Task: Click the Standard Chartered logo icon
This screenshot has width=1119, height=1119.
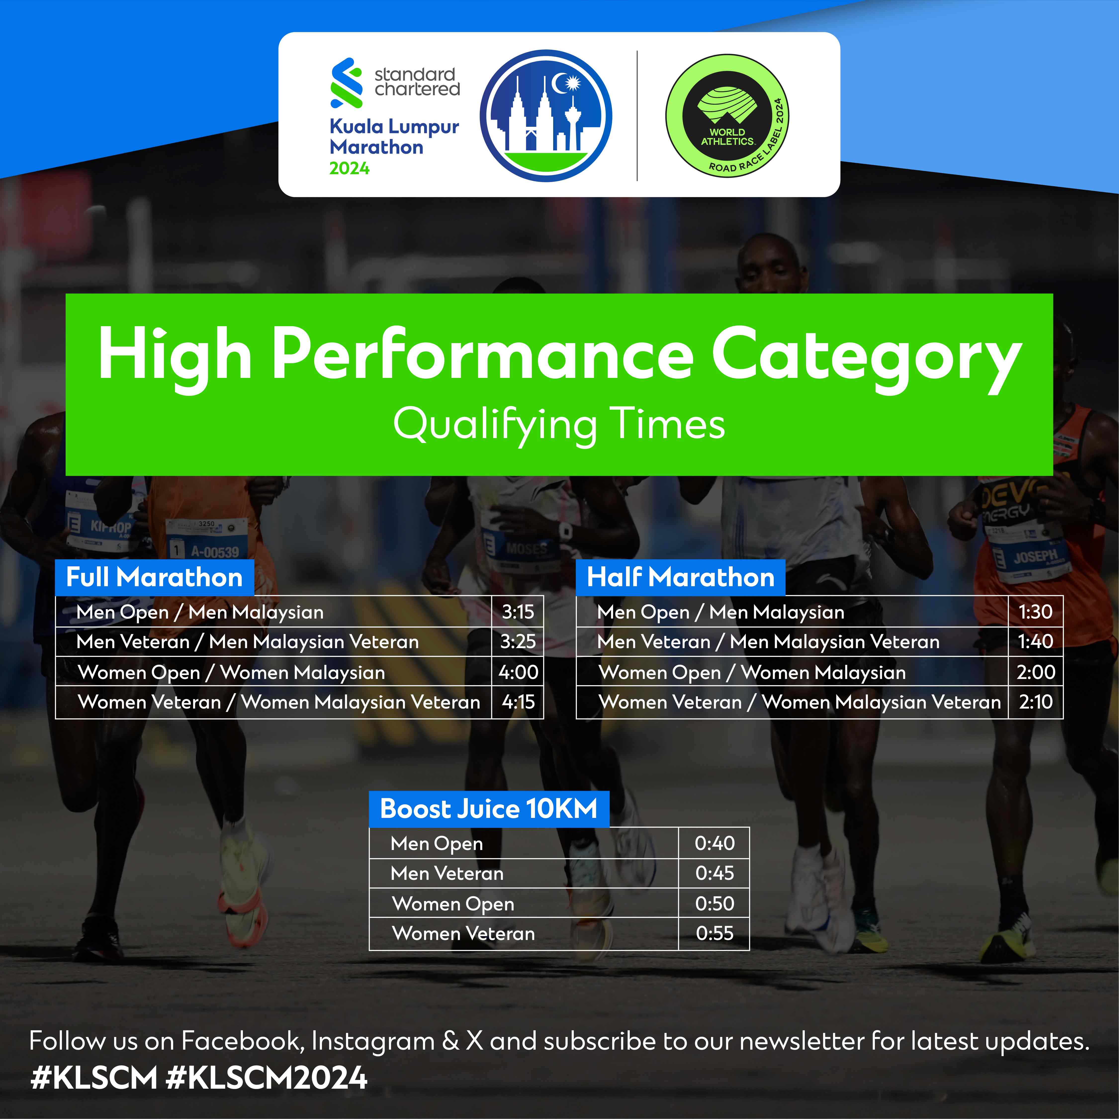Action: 346,83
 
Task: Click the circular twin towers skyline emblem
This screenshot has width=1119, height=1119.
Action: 546,116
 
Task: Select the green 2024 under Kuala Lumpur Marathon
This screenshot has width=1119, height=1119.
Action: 349,169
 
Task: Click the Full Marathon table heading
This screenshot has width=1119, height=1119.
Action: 155,578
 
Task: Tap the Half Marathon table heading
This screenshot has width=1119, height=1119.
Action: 680,578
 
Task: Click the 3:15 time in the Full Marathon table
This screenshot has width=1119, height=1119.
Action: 518,612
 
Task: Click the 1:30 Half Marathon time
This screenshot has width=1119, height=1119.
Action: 1036,612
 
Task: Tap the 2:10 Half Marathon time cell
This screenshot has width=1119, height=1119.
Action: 1036,702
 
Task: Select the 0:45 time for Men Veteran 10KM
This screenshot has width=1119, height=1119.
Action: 715,873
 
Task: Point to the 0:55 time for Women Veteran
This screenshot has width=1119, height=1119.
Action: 715,933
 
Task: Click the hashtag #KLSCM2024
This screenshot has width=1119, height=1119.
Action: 267,1078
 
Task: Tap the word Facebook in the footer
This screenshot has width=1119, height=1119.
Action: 243,1041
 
